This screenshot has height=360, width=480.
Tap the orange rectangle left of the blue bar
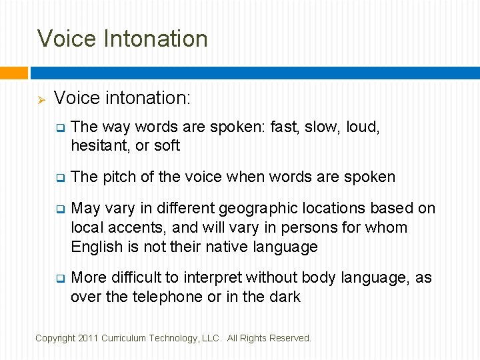point(13,73)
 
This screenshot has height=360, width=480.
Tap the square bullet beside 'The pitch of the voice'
point(59,177)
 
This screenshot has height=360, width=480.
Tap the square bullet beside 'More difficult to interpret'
point(59,277)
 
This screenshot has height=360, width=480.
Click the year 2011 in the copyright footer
point(87,339)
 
